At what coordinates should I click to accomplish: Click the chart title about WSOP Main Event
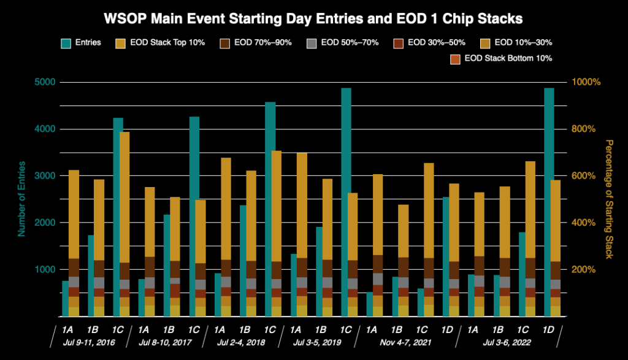(314, 19)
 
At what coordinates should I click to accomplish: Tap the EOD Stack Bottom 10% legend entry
(502, 58)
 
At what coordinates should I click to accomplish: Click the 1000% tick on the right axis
(585, 82)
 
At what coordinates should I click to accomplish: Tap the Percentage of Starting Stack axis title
(609, 199)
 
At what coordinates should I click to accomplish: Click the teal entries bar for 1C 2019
(346, 184)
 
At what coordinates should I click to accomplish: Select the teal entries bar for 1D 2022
(549, 184)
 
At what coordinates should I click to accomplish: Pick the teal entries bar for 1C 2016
(118, 215)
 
